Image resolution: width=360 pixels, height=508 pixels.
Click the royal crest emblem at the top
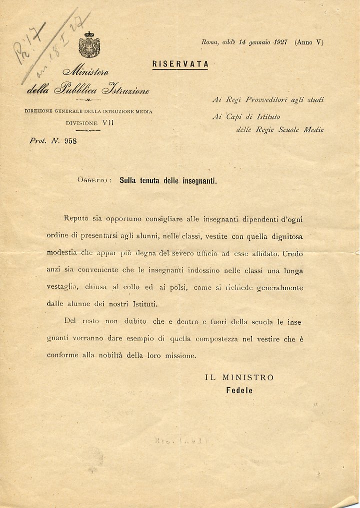[89, 44]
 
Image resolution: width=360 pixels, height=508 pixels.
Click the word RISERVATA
[180, 64]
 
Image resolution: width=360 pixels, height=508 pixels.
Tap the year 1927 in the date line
[269, 42]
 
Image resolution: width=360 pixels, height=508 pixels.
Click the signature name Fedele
[239, 391]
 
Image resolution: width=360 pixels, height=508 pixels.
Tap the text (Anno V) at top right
[309, 42]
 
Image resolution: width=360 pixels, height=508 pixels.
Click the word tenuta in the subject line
[151, 181]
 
